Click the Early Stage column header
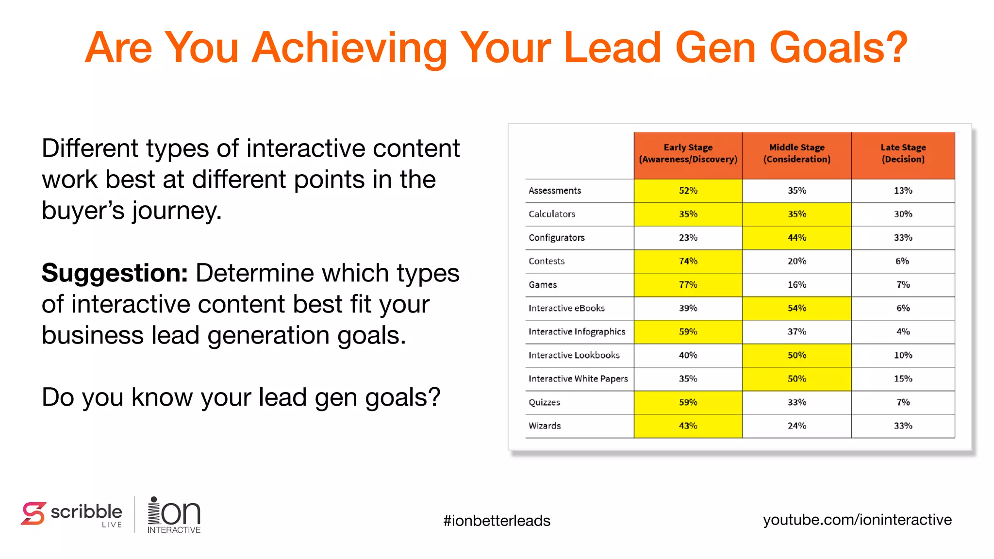[x=688, y=153]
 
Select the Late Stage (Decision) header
[x=903, y=153]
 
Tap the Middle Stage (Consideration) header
[x=796, y=153]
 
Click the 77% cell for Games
[x=688, y=285]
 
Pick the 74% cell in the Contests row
[x=688, y=261]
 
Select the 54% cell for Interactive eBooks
[x=796, y=308]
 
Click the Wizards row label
[x=545, y=426]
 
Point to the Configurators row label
[x=556, y=238]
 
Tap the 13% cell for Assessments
[x=903, y=191]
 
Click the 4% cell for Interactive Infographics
[x=903, y=332]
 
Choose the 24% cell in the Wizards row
[x=796, y=426]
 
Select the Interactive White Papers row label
[x=578, y=378]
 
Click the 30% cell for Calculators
[x=903, y=214]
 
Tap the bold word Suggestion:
[x=115, y=273]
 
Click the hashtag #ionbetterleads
[x=497, y=521]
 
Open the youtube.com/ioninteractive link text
[x=857, y=520]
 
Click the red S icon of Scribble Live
[x=33, y=513]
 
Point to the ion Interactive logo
[x=174, y=515]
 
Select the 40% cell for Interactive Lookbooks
[x=688, y=355]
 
